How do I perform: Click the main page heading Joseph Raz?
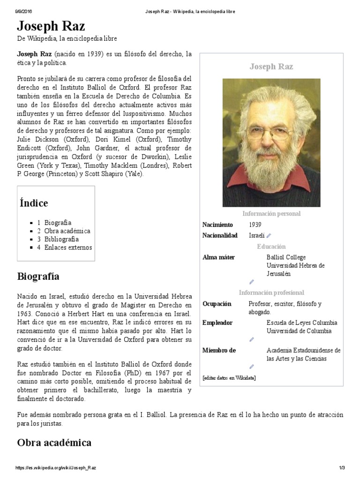pyautogui.click(x=51, y=26)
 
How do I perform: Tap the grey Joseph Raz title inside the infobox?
pyautogui.click(x=271, y=67)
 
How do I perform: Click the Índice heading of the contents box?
pyautogui.click(x=34, y=203)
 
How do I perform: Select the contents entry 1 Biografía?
pyautogui.click(x=54, y=223)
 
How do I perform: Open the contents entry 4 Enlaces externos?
pyautogui.click(x=65, y=247)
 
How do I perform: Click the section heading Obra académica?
pyautogui.click(x=54, y=442)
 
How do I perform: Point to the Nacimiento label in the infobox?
pyautogui.click(x=217, y=225)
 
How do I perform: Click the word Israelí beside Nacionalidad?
pyautogui.click(x=257, y=235)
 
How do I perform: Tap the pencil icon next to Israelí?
pyautogui.click(x=269, y=236)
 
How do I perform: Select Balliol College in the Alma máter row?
pyautogui.click(x=286, y=257)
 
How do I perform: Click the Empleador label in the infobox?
pyautogui.click(x=217, y=323)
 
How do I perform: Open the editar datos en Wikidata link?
pyautogui.click(x=229, y=378)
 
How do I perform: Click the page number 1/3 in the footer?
pyautogui.click(x=342, y=468)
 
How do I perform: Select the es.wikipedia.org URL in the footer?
pyautogui.click(x=56, y=468)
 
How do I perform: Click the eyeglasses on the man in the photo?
pyautogui.click(x=270, y=132)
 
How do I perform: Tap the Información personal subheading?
pyautogui.click(x=271, y=214)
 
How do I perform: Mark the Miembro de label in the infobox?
pyautogui.click(x=219, y=350)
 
